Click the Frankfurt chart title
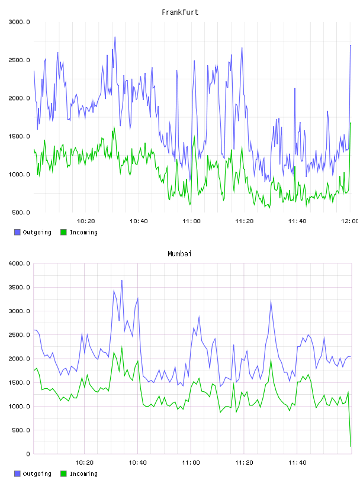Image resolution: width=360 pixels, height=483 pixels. [x=180, y=12]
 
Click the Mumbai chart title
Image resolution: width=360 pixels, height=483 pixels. [x=179, y=254]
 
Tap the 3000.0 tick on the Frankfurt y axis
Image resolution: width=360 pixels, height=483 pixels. [x=19, y=22]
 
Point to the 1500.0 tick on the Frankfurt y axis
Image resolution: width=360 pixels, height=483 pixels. [x=19, y=136]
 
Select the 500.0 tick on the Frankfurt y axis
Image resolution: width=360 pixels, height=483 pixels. [x=21, y=212]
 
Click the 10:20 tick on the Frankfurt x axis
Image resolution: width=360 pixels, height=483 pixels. [x=86, y=221]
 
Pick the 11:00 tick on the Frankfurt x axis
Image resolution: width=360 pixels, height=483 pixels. [x=191, y=221]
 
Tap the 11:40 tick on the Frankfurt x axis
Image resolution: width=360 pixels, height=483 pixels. [x=297, y=221]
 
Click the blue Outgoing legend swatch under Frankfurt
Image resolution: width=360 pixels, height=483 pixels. [x=17, y=232]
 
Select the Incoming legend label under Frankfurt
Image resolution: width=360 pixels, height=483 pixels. [x=83, y=232]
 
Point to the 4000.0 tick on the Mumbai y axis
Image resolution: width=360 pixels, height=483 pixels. [x=19, y=263]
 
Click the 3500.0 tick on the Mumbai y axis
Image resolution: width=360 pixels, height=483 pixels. [x=19, y=288]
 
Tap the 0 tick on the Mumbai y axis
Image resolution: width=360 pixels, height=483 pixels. [x=28, y=454]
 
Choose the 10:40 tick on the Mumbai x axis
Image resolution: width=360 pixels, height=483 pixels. [x=137, y=463]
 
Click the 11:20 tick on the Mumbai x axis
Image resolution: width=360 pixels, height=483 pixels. [x=244, y=463]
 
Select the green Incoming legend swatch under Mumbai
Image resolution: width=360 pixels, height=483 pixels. [x=63, y=474]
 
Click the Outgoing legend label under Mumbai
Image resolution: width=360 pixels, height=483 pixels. [x=37, y=474]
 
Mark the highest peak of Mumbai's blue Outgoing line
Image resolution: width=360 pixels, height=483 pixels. [x=122, y=281]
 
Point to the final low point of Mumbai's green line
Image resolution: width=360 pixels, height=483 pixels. [x=351, y=446]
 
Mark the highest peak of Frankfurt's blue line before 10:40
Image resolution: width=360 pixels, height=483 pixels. [x=115, y=37]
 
